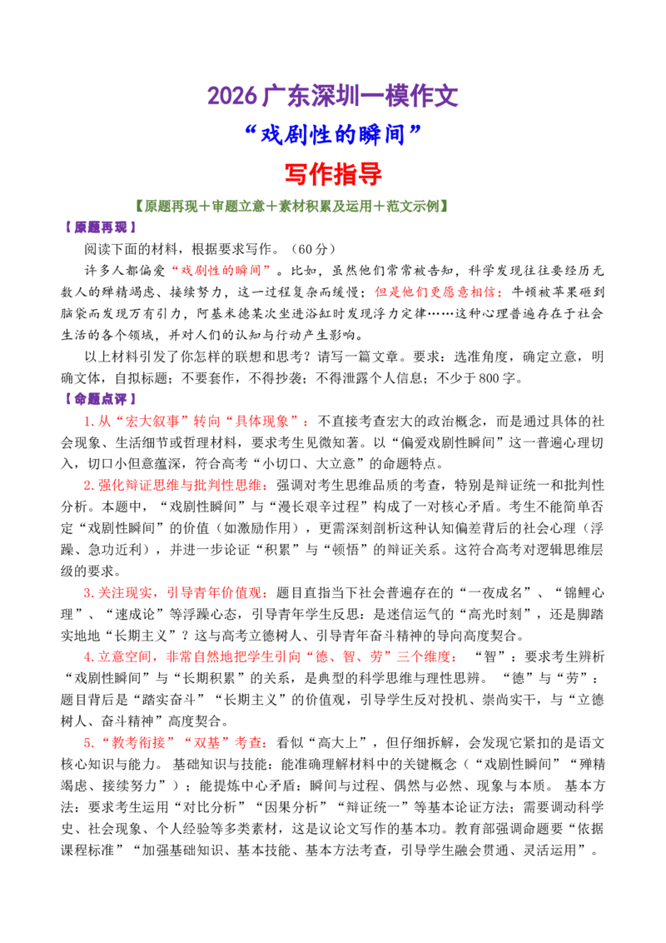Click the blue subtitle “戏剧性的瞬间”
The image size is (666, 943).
(333, 135)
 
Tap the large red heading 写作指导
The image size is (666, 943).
(333, 174)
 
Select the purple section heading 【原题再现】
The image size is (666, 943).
(101, 227)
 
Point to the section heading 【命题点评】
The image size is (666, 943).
(101, 399)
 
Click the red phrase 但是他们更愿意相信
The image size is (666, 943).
(435, 292)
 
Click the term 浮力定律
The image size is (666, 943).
(399, 313)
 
